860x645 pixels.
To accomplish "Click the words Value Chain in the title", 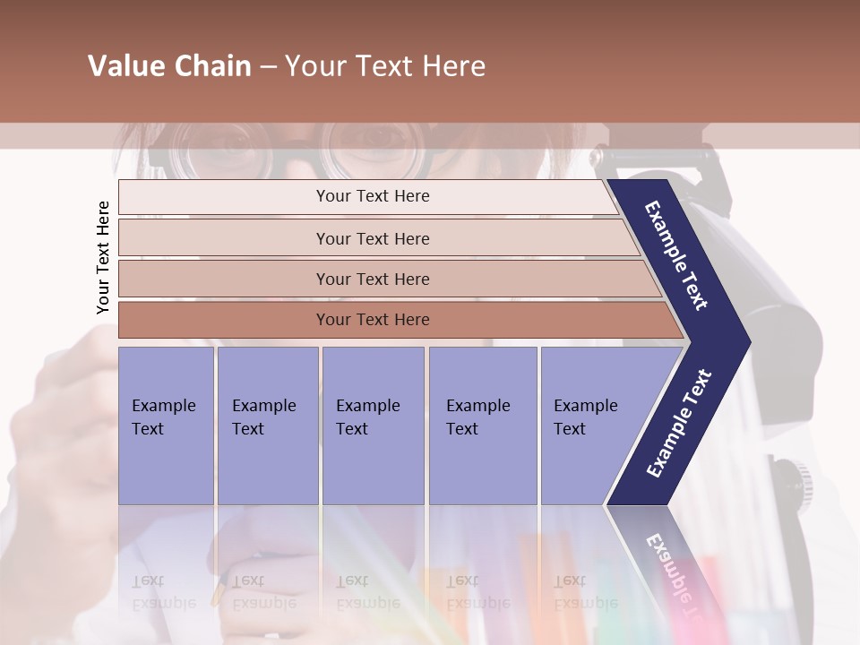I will point(169,66).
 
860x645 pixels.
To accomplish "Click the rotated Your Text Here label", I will point(103,257).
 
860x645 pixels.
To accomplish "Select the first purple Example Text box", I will point(166,426).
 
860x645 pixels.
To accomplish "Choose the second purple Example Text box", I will point(267,426).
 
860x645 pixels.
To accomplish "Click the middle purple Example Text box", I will point(373,426).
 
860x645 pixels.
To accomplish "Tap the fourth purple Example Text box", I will point(483,426).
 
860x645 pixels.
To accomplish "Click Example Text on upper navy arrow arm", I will point(677,256).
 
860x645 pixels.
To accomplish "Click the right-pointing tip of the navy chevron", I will point(746,342).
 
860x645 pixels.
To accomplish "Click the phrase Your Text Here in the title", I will point(385,66).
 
